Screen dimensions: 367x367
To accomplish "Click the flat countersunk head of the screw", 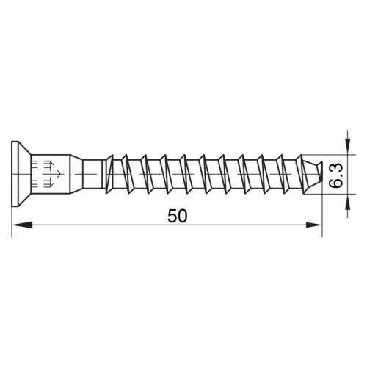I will [x=16, y=176].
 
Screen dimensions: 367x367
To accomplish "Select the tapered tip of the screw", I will [x=313, y=176].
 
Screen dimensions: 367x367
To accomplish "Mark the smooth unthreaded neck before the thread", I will [x=88, y=176].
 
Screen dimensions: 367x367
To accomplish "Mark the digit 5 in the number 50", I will [x=172, y=216].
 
